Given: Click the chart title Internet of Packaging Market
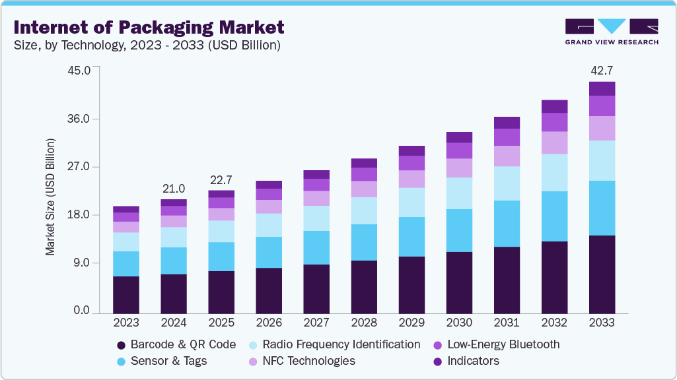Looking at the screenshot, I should pos(149,27).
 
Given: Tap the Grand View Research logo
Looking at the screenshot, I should pos(612,32).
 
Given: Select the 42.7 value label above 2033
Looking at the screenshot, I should pos(602,71).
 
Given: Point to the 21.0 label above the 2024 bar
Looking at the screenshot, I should pos(174,189).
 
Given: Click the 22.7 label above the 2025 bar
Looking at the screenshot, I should pos(221,180).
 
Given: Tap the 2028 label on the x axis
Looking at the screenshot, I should pos(364,323).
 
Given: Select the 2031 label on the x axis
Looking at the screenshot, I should pos(507,323).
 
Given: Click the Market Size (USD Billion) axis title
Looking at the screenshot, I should pos(50,197).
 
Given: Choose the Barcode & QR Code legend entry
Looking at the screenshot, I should pos(176,344).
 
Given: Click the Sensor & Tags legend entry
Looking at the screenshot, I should pos(161,361).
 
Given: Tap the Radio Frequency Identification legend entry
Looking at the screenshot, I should pos(334,344).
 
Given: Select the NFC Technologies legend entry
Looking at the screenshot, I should pos(301,361).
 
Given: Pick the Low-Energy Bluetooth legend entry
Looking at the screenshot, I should pos(496,344).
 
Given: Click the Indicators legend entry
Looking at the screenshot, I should pos(466,361).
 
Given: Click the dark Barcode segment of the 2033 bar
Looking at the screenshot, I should pos(602,273).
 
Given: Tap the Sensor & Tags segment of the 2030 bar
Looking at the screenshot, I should pos(459,230).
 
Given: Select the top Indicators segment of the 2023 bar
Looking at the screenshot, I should pos(126,209).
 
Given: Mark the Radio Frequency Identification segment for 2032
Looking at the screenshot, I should pos(554,172).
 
